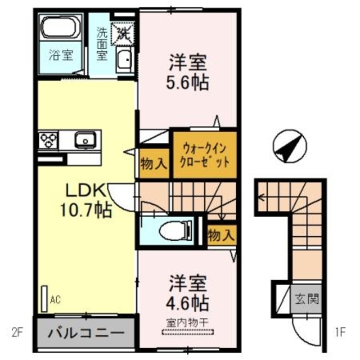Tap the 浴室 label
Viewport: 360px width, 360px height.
coord(58,56)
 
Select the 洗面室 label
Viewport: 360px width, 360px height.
coord(103,44)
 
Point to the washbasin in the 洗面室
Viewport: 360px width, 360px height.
coord(125,58)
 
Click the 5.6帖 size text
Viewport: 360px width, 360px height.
coord(188,83)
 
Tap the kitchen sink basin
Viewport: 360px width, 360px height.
coord(86,138)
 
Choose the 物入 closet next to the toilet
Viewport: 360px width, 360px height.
coord(220,234)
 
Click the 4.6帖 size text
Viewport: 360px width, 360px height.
coord(188,304)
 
